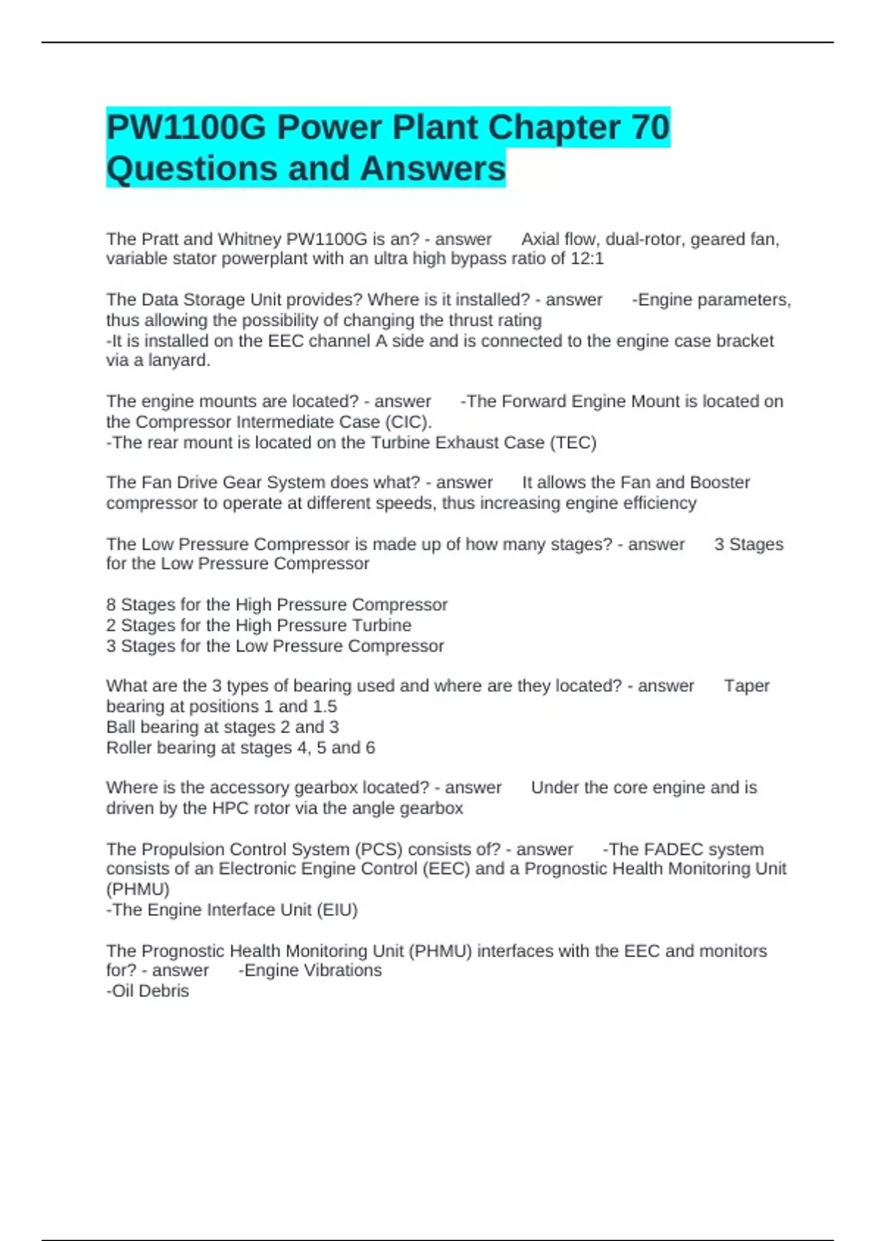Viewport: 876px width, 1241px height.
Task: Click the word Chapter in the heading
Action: pos(554,128)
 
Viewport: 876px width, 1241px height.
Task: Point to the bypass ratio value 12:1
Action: pos(587,259)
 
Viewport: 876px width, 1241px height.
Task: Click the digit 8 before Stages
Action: pos(111,605)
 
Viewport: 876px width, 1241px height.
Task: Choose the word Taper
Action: pos(747,686)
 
